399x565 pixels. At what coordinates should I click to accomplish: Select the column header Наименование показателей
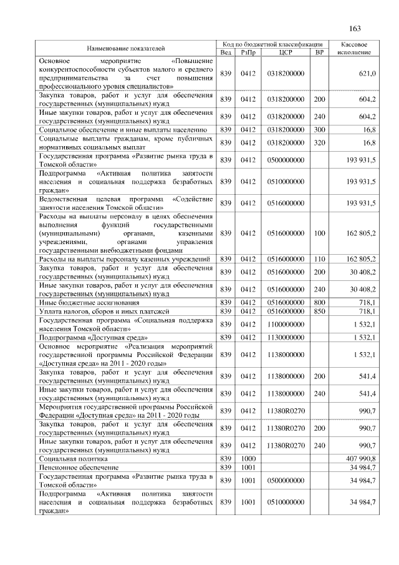click(127, 48)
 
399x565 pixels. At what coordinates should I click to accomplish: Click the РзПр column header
click(248, 52)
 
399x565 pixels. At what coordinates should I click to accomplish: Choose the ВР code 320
click(319, 142)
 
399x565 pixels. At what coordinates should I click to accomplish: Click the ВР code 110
click(319, 258)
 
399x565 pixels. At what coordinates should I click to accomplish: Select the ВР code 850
click(319, 311)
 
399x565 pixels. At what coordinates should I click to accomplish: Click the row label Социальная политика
click(71, 458)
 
